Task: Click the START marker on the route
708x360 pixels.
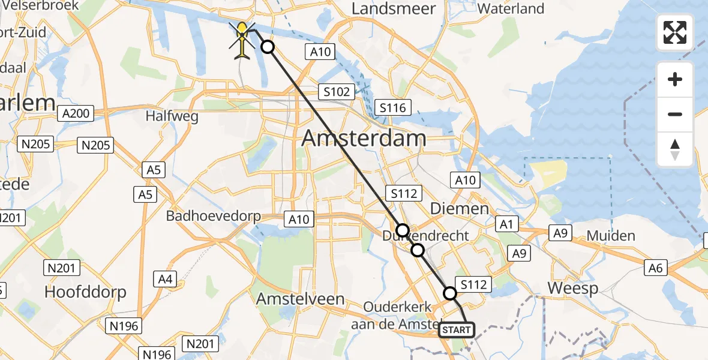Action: (x=457, y=330)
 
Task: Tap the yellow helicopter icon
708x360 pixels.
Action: (x=242, y=40)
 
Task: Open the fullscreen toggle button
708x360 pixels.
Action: (x=675, y=32)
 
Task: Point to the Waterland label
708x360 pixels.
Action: (x=511, y=8)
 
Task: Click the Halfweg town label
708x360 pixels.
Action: (x=172, y=116)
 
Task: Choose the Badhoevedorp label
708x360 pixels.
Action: (x=214, y=216)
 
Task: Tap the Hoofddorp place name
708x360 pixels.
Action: (x=86, y=292)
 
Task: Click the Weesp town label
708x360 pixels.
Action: (x=573, y=289)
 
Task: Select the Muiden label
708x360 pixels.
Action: (x=610, y=236)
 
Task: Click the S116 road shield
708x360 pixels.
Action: (x=393, y=108)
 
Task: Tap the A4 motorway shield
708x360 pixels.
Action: (x=165, y=278)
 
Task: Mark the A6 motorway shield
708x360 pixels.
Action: (x=656, y=268)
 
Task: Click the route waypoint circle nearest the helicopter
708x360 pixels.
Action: (x=268, y=47)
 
